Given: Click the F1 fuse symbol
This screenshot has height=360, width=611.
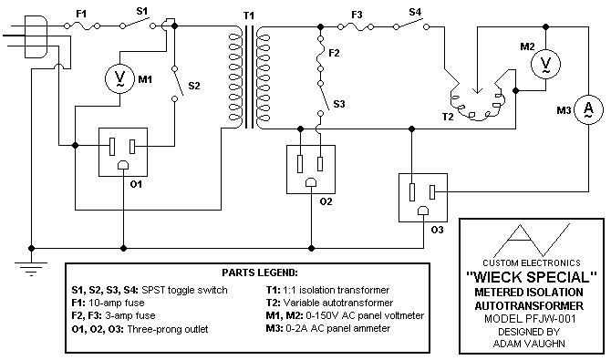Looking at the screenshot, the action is click(x=82, y=26).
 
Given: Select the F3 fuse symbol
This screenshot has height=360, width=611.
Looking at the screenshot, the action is click(x=356, y=26).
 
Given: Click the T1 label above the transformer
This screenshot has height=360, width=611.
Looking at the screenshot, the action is click(x=249, y=15).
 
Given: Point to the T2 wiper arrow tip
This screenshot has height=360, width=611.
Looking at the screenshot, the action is click(x=477, y=93).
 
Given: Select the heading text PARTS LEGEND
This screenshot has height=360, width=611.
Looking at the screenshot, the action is click(x=260, y=273).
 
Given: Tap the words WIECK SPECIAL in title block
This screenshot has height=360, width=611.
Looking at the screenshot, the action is click(x=532, y=277).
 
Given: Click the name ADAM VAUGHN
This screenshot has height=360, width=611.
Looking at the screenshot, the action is click(x=529, y=344).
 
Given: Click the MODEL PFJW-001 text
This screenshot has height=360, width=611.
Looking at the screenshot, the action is click(x=530, y=319).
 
